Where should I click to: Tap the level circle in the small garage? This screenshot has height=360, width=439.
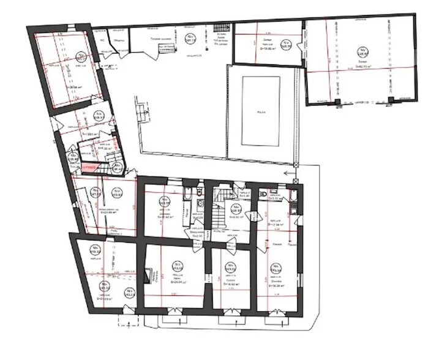pos(284,43)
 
